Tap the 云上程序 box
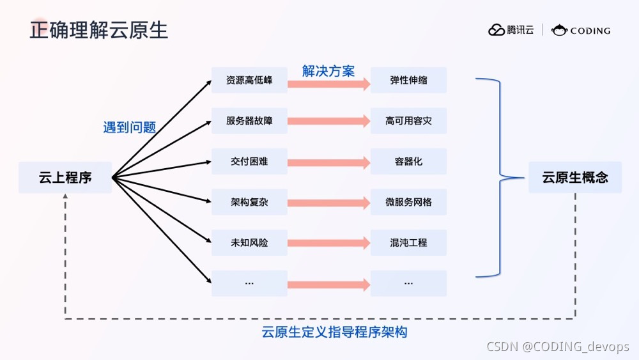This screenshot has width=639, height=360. tap(65, 177)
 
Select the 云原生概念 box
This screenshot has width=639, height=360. tap(575, 177)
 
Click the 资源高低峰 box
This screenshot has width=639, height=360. tap(249, 81)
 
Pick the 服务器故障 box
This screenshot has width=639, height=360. tap(249, 121)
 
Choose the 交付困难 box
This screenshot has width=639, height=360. tap(249, 161)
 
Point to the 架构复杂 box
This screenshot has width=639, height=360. tap(249, 202)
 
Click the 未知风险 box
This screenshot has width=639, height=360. tap(249, 243)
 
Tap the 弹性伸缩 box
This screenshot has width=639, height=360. tap(408, 81)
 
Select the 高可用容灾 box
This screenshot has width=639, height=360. tap(408, 121)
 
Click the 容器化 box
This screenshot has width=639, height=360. tap(408, 161)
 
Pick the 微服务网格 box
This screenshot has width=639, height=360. tap(408, 202)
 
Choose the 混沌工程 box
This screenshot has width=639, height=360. tap(408, 243)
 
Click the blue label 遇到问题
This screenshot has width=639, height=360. tap(130, 127)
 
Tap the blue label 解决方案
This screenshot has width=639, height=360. tap(328, 71)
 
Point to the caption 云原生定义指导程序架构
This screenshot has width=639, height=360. tap(334, 333)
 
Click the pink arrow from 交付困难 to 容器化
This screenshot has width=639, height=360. tap(328, 162)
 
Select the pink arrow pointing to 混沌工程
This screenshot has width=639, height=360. tap(328, 243)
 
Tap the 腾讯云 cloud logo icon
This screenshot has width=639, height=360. tap(497, 30)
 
